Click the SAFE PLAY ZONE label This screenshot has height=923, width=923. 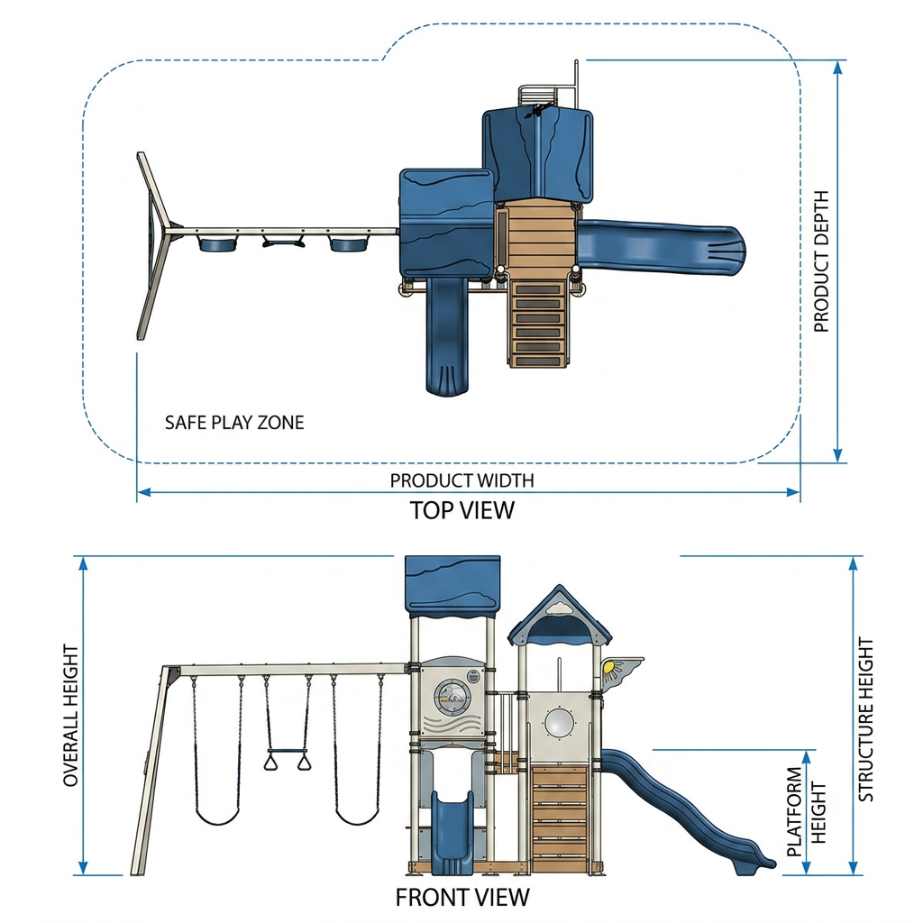pyautogui.click(x=234, y=423)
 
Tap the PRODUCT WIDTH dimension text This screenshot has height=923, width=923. pyautogui.click(x=462, y=480)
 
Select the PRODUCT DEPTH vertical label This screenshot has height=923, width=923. pyautogui.click(x=821, y=261)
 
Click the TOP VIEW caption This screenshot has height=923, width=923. pyautogui.click(x=462, y=510)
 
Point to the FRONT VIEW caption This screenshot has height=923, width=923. pyautogui.click(x=462, y=898)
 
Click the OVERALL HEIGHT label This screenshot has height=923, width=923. pyautogui.click(x=70, y=715)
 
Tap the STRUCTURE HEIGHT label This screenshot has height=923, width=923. pyautogui.click(x=866, y=718)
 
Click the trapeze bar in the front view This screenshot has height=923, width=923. pyautogui.click(x=288, y=751)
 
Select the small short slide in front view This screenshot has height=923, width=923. pyautogui.click(x=452, y=832)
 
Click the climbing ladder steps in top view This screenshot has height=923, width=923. pyautogui.click(x=537, y=324)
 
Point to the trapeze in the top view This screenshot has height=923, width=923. pyautogui.click(x=284, y=242)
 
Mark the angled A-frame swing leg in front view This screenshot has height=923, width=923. pyautogui.click(x=154, y=772)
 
